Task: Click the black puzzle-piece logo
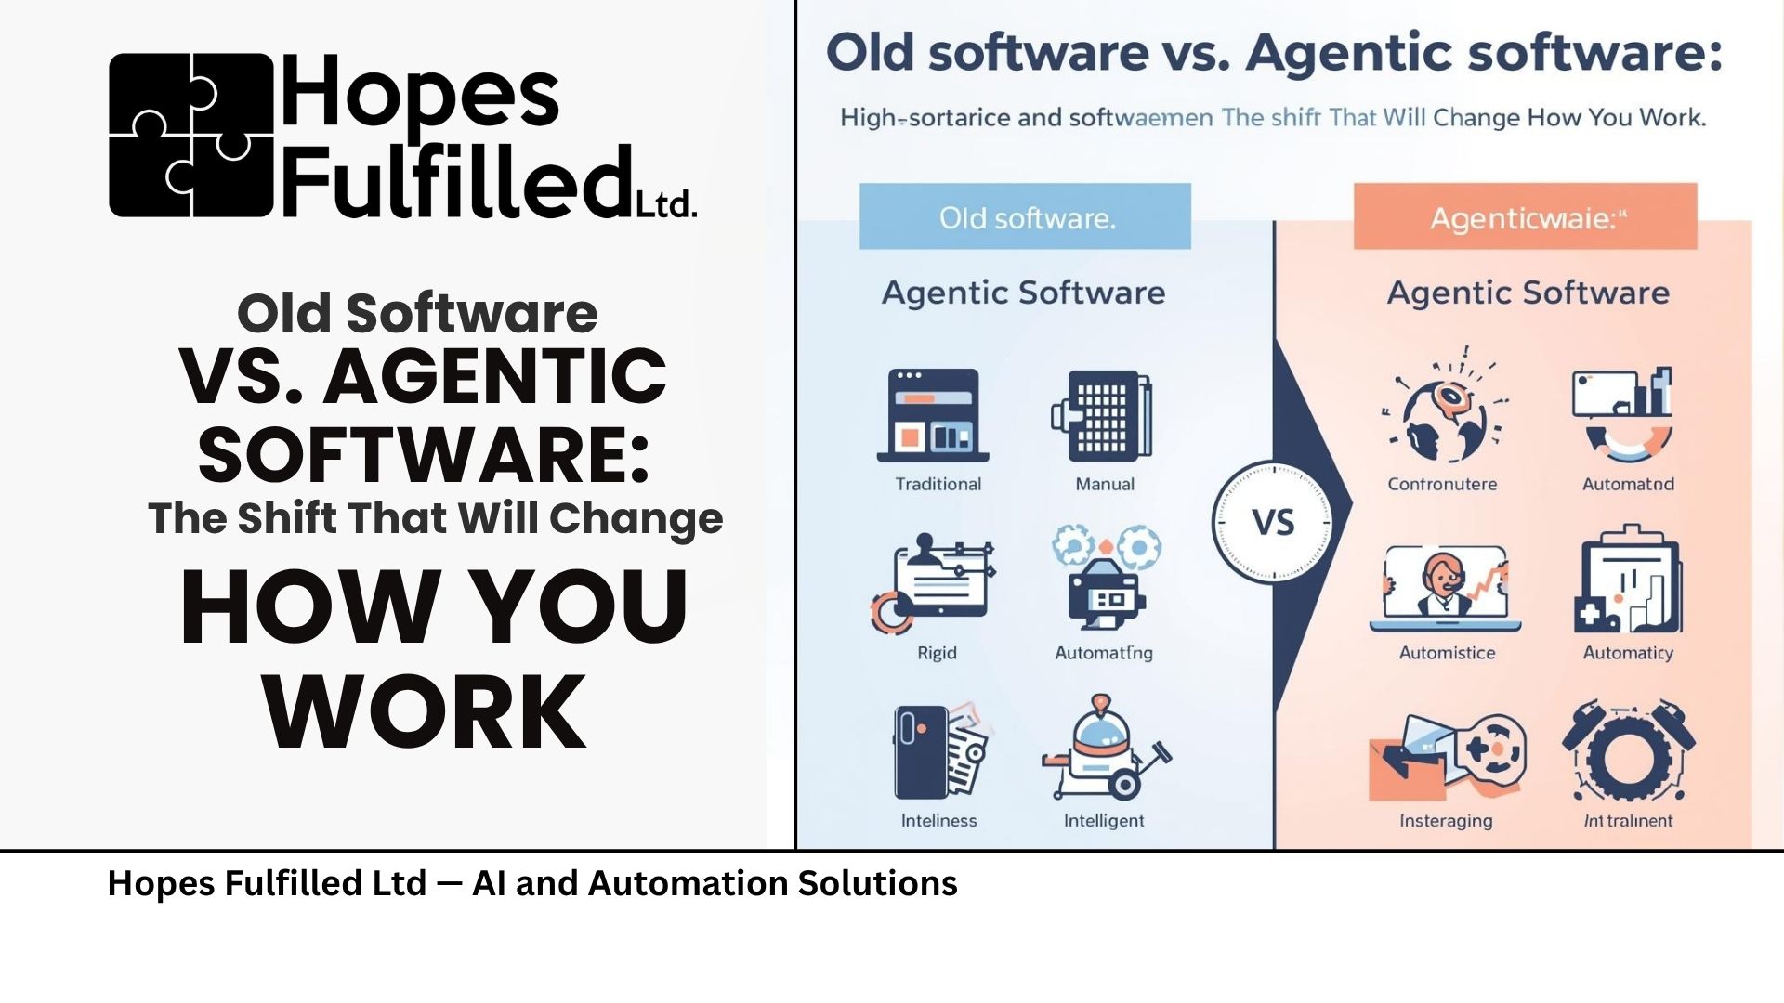point(190,136)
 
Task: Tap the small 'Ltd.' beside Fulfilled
point(666,204)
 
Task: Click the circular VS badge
point(1272,522)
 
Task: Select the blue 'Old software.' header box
point(1025,216)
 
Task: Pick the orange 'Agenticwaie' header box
point(1525,216)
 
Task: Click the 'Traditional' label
point(938,484)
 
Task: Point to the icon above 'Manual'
point(1103,415)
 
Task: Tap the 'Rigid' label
point(937,653)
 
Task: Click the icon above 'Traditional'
point(933,415)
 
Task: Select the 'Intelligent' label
point(1104,821)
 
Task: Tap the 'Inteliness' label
point(938,821)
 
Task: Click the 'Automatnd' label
point(1628,484)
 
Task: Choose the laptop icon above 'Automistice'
point(1445,587)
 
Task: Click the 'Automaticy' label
point(1628,653)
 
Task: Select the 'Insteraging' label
point(1446,821)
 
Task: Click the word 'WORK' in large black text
point(425,711)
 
